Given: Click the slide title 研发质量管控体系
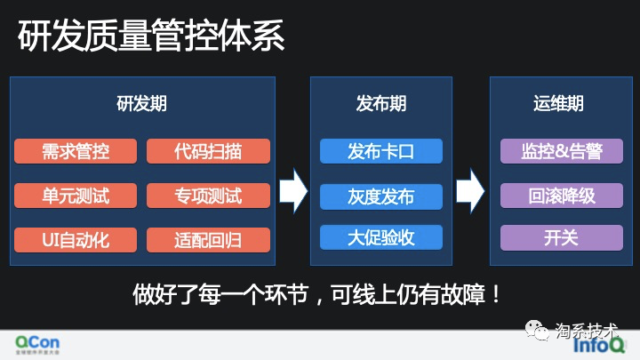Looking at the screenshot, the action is point(152,37).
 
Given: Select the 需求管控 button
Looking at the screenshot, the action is point(75,151).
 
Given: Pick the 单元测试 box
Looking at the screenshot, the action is point(75,195).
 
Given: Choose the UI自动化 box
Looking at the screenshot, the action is point(75,238).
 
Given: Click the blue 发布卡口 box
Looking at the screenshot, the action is point(381,151).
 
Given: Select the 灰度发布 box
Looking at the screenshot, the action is point(381,195).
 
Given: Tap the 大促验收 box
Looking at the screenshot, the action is point(381,237).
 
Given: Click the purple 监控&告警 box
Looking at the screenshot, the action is point(561,151).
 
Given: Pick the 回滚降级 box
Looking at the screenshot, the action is point(561,195).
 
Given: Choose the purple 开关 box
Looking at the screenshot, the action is point(561,237).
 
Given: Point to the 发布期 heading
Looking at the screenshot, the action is point(381,103).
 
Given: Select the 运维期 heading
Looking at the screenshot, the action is point(561,103).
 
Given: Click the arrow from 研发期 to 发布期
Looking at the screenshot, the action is point(292,189).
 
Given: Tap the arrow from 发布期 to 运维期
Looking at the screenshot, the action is point(469,189).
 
